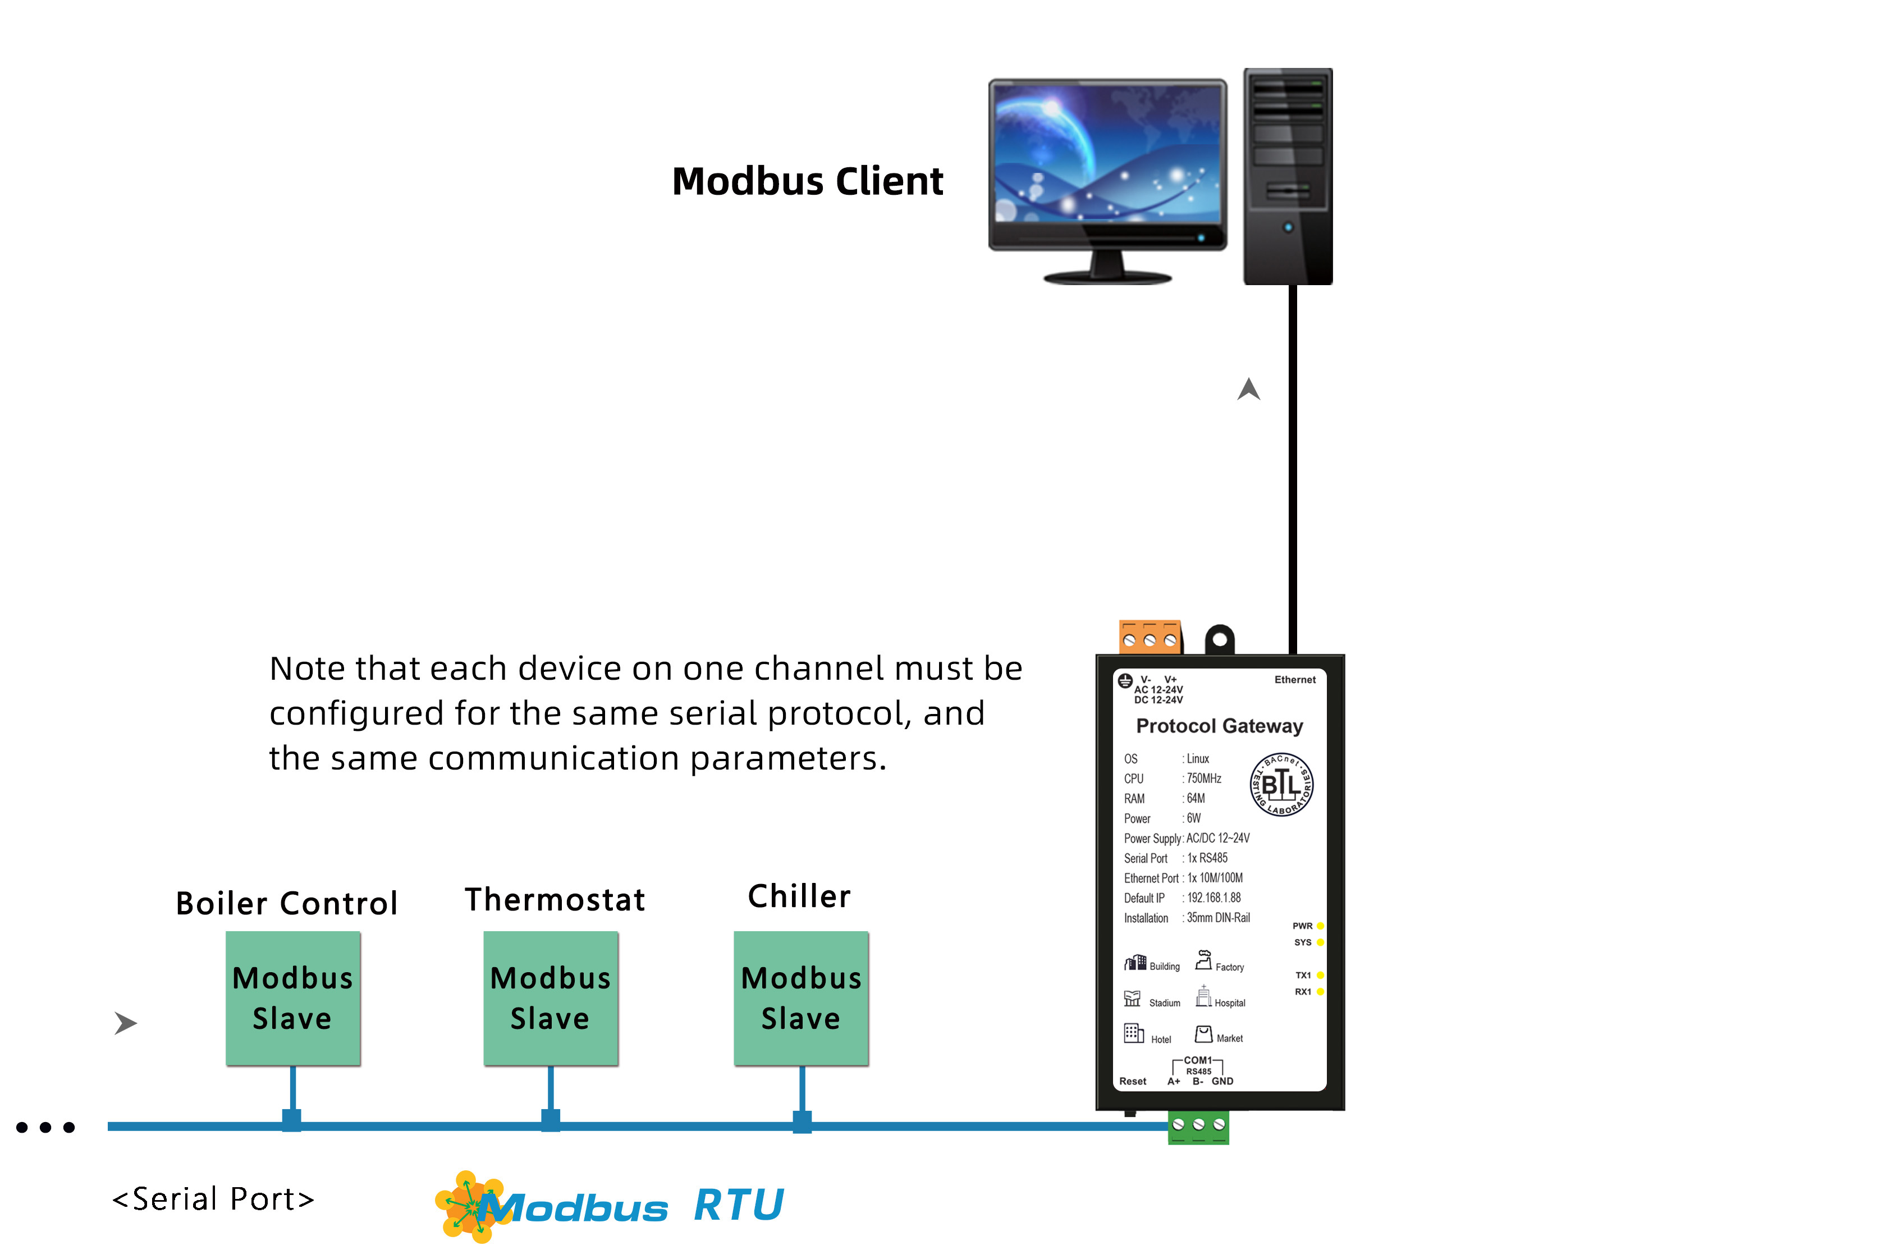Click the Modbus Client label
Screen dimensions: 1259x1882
click(x=807, y=181)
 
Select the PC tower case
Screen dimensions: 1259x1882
click(x=1287, y=177)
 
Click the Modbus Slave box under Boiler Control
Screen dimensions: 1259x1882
click(x=293, y=998)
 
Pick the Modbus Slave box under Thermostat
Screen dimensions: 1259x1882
click(x=551, y=998)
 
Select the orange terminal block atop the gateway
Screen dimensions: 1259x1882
click(x=1150, y=637)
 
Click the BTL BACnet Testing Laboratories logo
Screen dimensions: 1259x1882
click(x=1281, y=785)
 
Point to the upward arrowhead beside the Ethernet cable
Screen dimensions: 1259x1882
click(x=1248, y=390)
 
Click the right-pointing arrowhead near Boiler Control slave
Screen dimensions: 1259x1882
click(x=125, y=1023)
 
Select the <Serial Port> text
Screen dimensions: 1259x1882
click(x=213, y=1199)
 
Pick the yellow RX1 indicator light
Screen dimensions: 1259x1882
click(x=1320, y=992)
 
